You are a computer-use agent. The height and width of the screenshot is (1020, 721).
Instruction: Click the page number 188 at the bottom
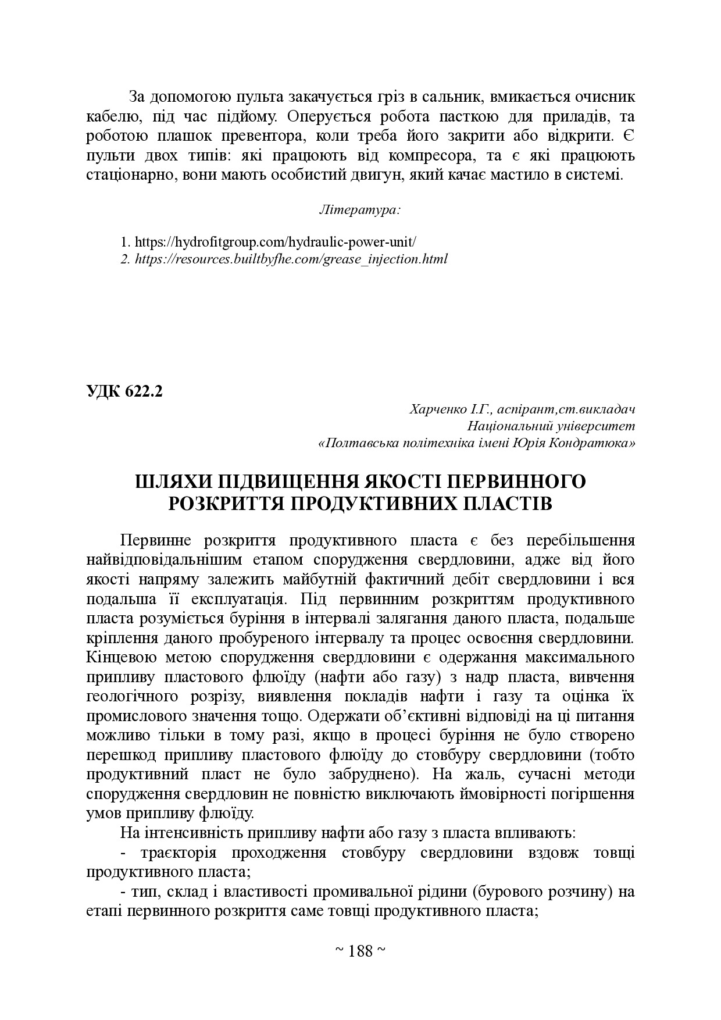pos(360,951)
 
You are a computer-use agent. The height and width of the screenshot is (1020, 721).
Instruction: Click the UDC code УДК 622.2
pos(124,391)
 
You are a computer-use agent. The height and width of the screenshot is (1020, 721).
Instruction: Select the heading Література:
pos(360,209)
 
